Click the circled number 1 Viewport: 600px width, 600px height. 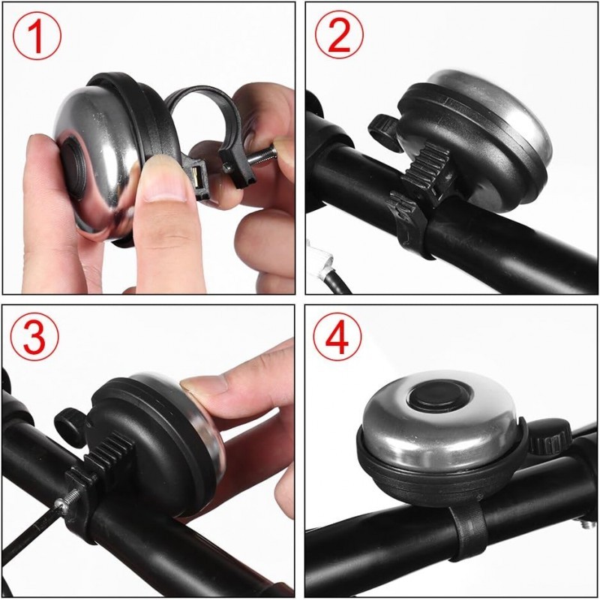point(36,37)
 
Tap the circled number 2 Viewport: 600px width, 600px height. point(339,35)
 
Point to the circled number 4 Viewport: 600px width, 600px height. point(339,339)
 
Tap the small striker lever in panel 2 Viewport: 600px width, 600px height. point(383,127)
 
